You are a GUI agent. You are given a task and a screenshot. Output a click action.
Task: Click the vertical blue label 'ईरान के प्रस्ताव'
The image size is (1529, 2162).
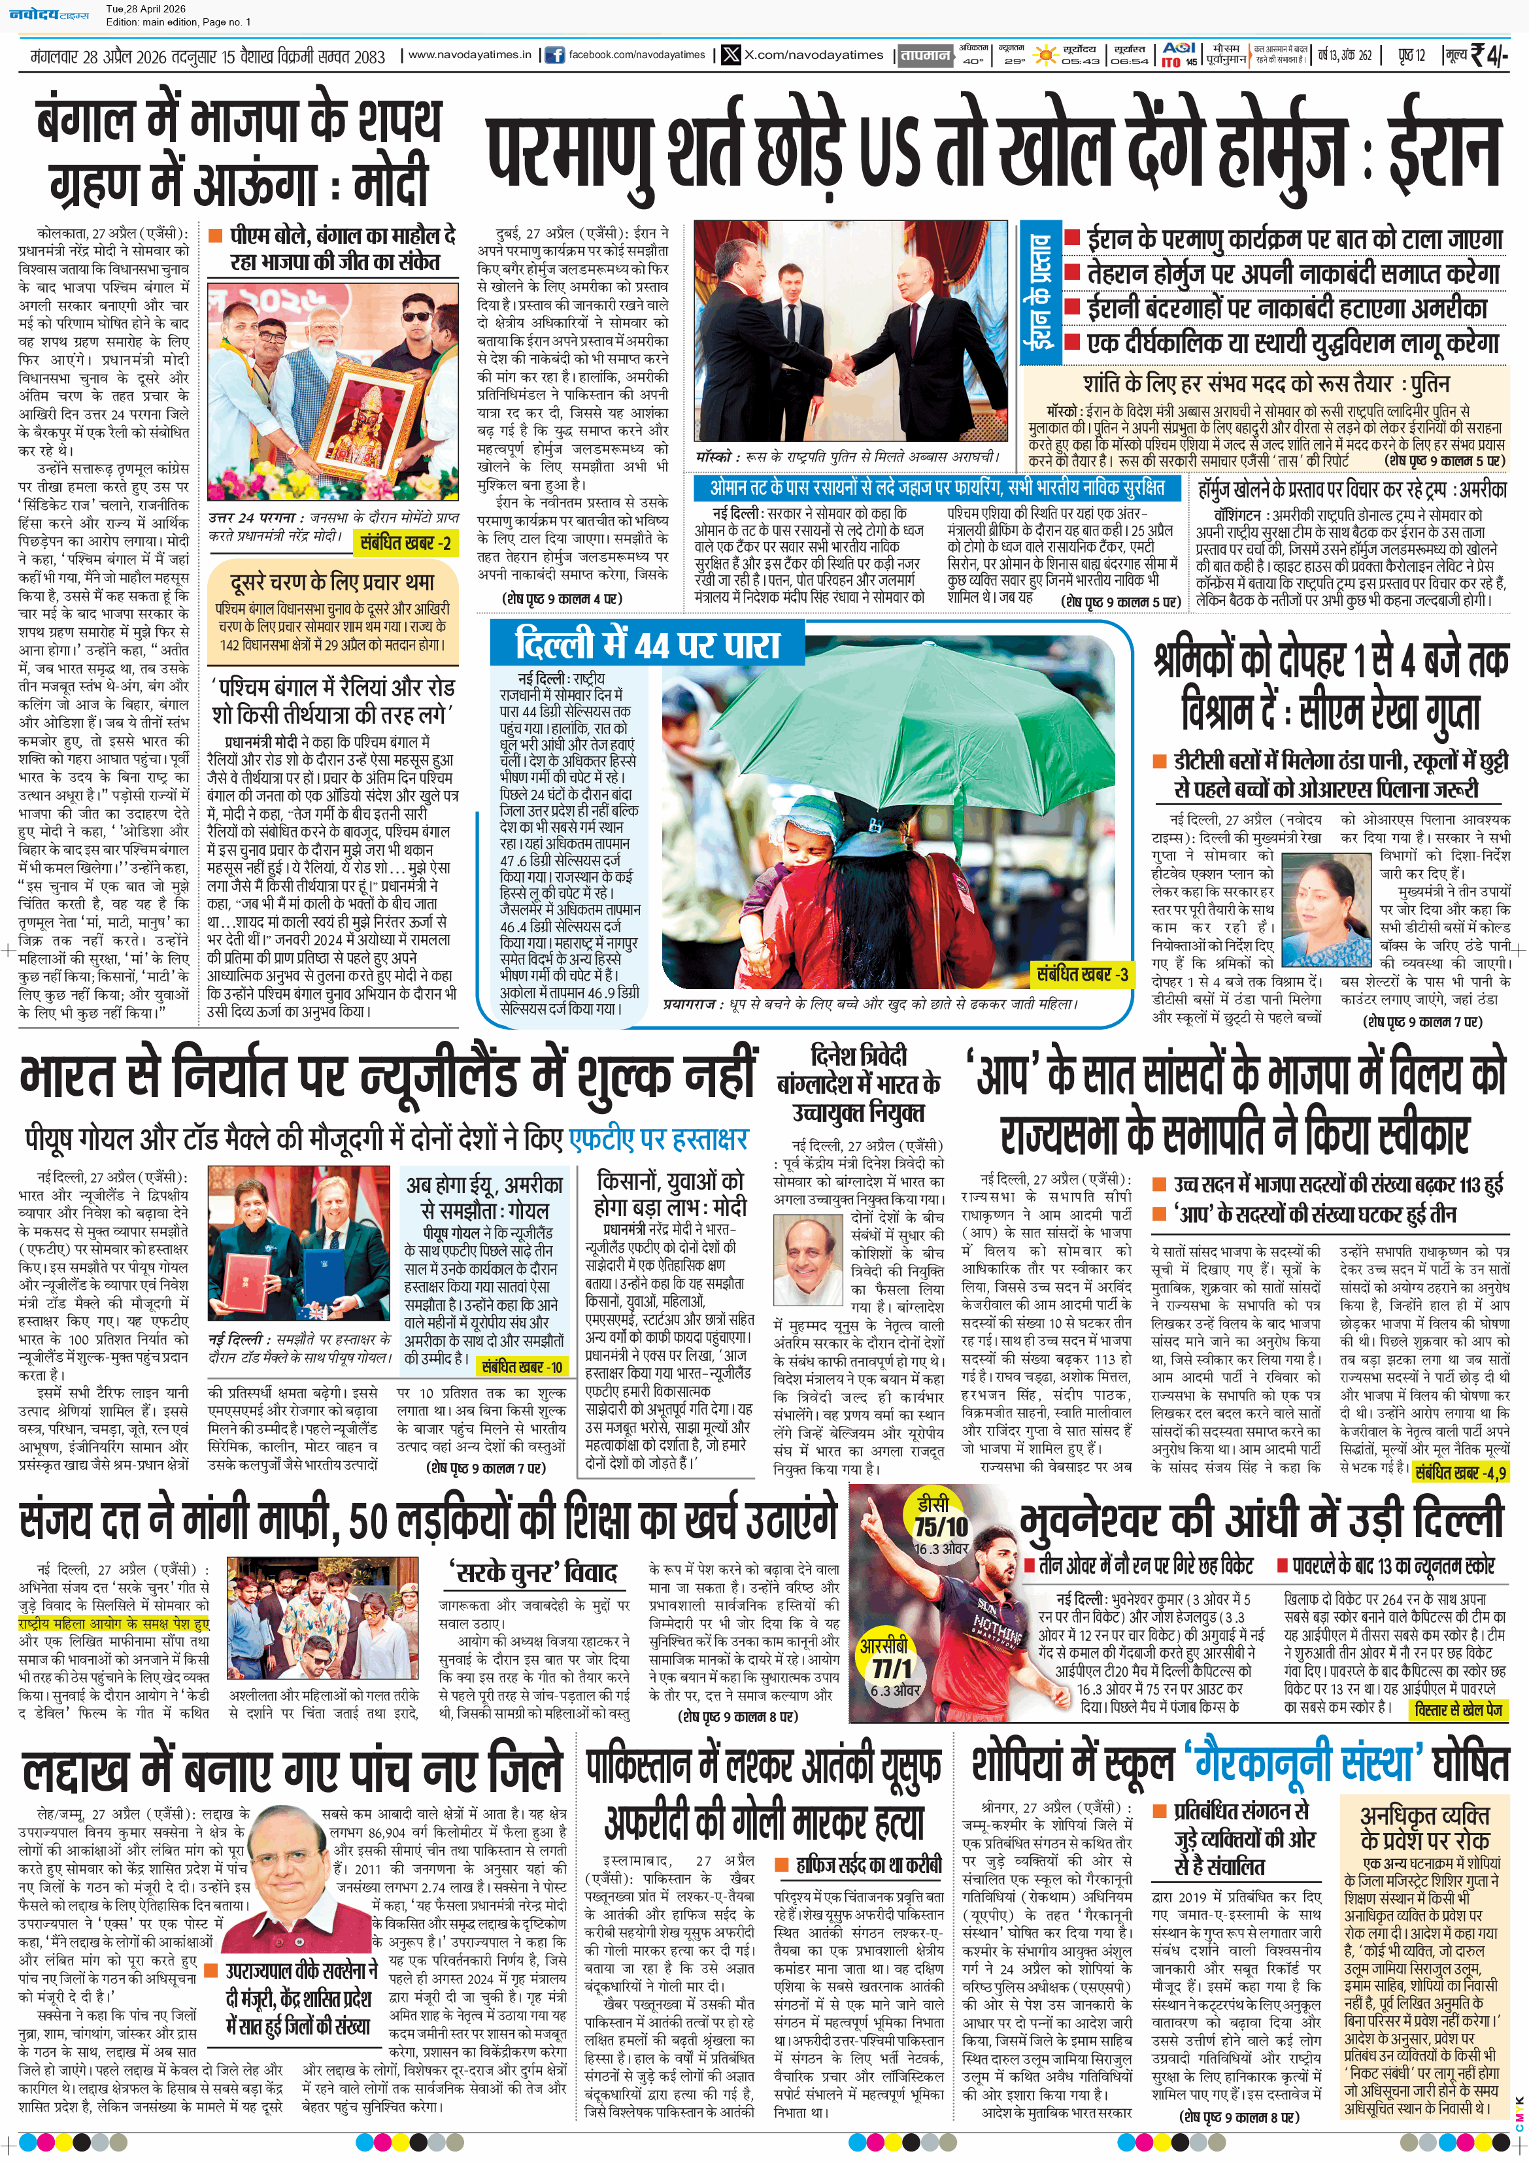(x=1039, y=293)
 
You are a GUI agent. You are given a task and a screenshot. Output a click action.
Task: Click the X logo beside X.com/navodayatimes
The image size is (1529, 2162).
(x=731, y=55)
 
